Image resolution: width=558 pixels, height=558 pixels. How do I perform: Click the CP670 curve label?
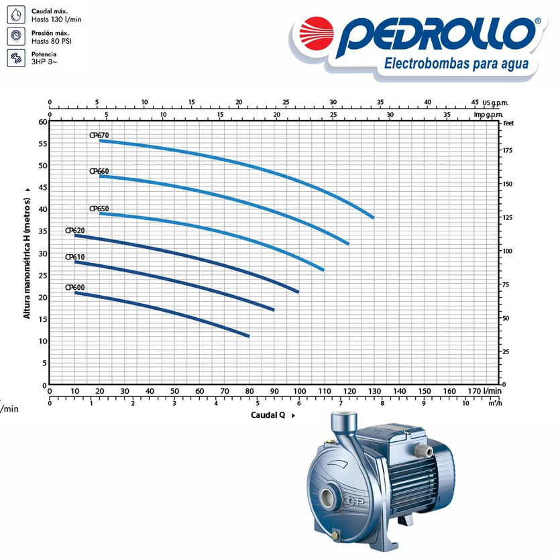99,135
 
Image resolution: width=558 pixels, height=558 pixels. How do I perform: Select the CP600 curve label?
74,287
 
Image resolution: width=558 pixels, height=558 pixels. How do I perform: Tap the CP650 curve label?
99,209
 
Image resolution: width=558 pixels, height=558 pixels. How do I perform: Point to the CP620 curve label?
74,230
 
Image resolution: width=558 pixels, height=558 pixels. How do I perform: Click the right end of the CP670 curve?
374,217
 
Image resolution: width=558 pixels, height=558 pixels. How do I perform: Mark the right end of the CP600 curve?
248,336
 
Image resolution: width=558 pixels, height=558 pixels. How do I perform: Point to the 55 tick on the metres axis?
43,144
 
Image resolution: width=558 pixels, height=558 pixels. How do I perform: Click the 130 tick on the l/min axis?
374,391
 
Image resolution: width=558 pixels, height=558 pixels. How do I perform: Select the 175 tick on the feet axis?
508,150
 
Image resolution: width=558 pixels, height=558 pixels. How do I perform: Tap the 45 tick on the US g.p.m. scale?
475,102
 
